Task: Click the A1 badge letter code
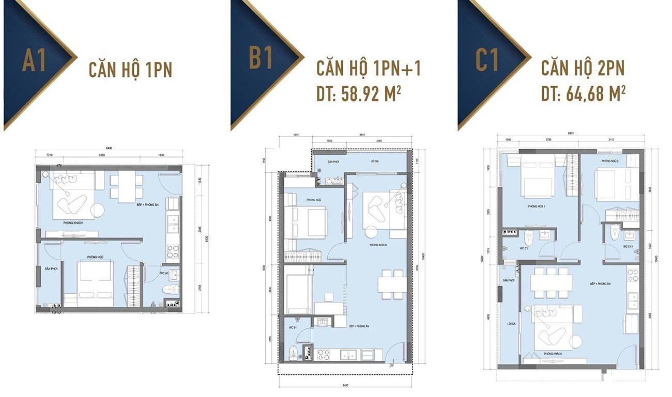[x=34, y=60]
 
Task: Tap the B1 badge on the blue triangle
[x=261, y=58]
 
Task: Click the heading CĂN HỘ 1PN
[x=130, y=69]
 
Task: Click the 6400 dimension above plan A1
[x=109, y=149]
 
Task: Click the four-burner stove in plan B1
[x=324, y=354]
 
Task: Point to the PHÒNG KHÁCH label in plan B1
[x=379, y=245]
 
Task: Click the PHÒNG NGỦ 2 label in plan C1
[x=610, y=162]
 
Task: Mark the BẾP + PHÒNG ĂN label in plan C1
[x=600, y=284]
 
